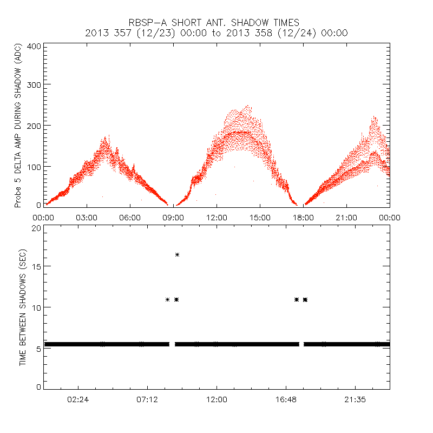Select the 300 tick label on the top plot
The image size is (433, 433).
tap(34, 84)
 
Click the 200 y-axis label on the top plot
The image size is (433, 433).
tap(34, 125)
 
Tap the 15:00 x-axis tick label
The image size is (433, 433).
tap(260, 217)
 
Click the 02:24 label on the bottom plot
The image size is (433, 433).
tap(78, 399)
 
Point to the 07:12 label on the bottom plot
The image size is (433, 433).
tap(147, 399)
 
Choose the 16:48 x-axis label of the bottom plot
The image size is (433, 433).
tap(286, 399)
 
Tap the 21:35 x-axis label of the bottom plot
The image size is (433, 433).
tap(355, 399)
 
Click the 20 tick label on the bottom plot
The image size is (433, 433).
tap(36, 228)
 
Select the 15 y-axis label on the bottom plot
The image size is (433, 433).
tap(36, 266)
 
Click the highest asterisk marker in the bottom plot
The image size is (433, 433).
tap(177, 254)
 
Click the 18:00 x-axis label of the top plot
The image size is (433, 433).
tap(303, 217)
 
